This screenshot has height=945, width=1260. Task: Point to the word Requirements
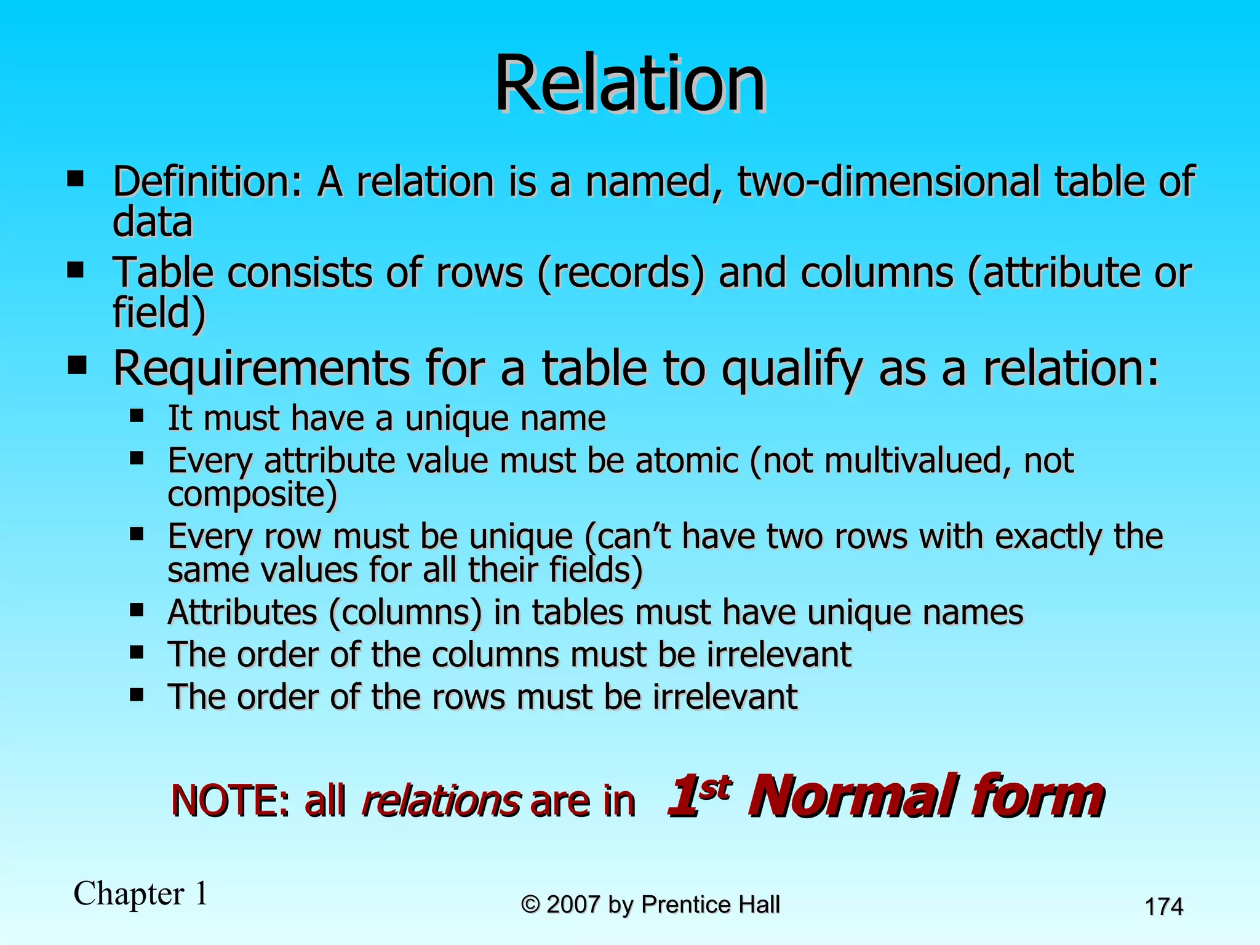click(x=262, y=369)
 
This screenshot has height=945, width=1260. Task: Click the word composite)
click(x=252, y=494)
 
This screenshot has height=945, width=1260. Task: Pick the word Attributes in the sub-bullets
click(x=242, y=612)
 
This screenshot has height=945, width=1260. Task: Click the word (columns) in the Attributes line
click(x=405, y=613)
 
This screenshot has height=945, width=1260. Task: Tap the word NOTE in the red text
click(x=224, y=801)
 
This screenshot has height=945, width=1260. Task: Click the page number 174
click(x=1163, y=907)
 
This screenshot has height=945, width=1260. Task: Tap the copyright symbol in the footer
click(x=530, y=904)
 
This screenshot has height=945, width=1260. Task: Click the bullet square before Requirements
click(x=77, y=366)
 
